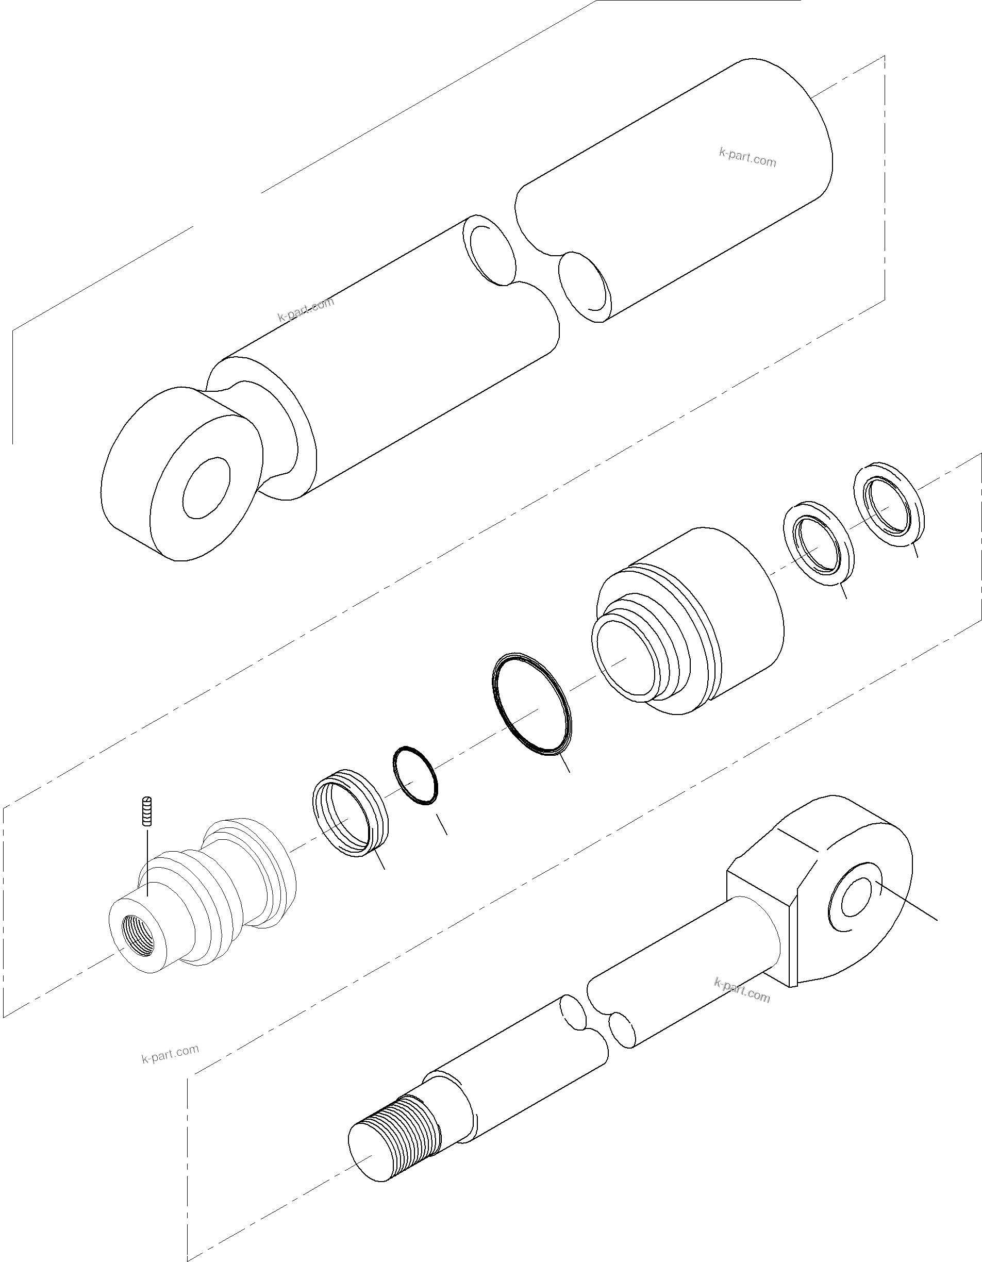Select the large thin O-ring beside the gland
(x=532, y=704)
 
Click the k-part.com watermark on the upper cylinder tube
(x=747, y=157)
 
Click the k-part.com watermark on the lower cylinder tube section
(x=306, y=309)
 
